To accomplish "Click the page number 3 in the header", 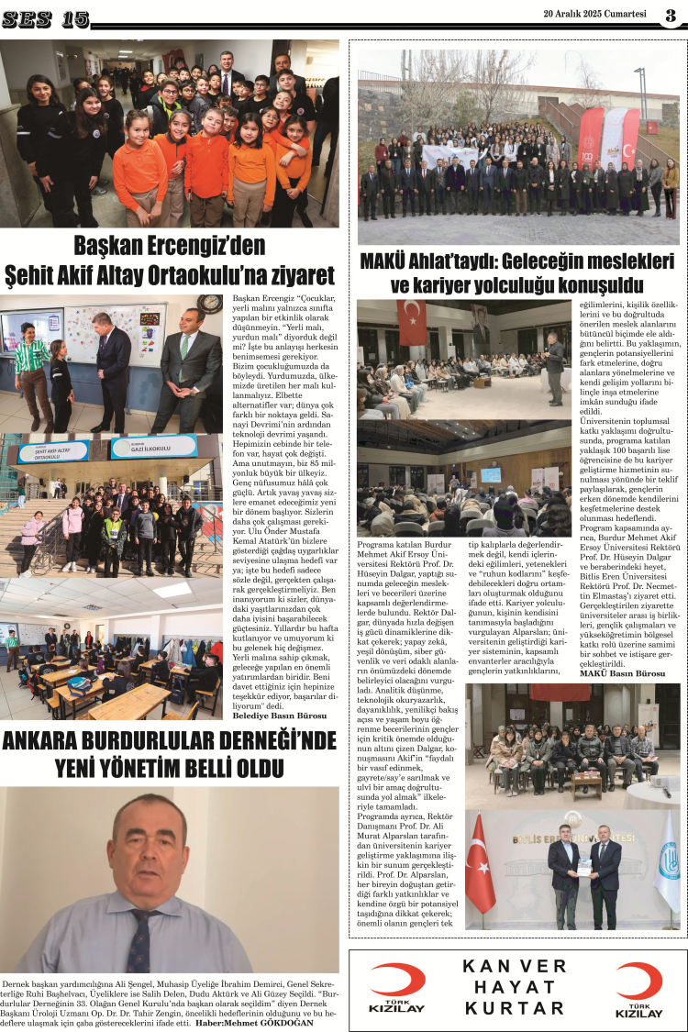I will pyautogui.click(x=671, y=15).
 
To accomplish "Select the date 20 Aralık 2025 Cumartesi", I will pyautogui.click(x=595, y=14).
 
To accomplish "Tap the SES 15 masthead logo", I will pyautogui.click(x=45, y=18).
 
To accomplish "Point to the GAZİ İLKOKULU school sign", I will pyautogui.click(x=154, y=447).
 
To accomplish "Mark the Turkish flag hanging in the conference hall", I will pyautogui.click(x=411, y=321).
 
